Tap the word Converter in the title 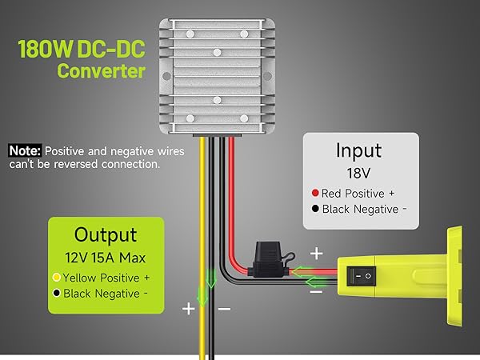click(x=100, y=71)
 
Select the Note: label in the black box click(x=25, y=150)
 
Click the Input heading click(x=358, y=150)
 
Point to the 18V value click(x=358, y=173)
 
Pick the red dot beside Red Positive click(x=317, y=193)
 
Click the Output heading click(x=106, y=234)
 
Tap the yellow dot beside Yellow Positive click(x=55, y=277)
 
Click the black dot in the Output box click(x=55, y=293)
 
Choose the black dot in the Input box click(x=317, y=209)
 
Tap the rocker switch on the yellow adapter click(x=362, y=275)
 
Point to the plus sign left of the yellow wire click(x=189, y=308)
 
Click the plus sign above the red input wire click(x=316, y=254)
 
